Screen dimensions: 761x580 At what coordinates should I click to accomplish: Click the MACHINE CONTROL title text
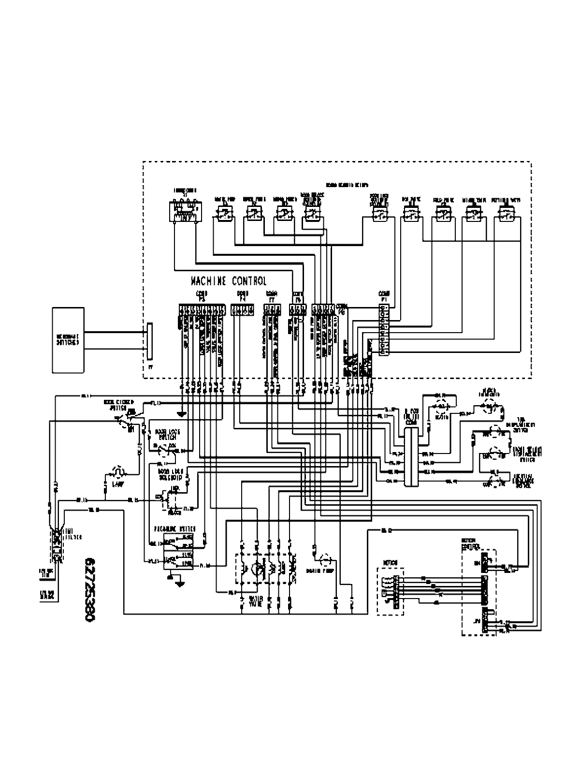click(x=229, y=281)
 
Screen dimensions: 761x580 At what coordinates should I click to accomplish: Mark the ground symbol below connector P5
click(x=182, y=414)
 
